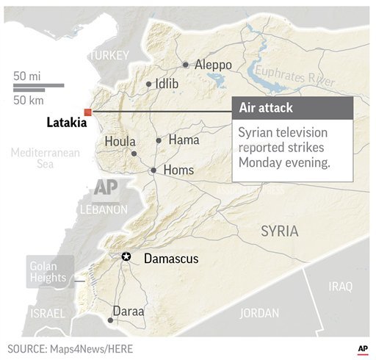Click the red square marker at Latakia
click(87, 112)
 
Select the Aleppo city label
click(214, 65)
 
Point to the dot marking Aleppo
click(186, 65)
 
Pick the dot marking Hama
click(159, 140)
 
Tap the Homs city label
click(178, 170)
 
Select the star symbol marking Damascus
click(126, 256)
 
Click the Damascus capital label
click(171, 259)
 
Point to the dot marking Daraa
click(110, 320)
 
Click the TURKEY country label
click(109, 55)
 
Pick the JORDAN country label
click(259, 312)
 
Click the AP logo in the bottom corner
click(362, 348)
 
